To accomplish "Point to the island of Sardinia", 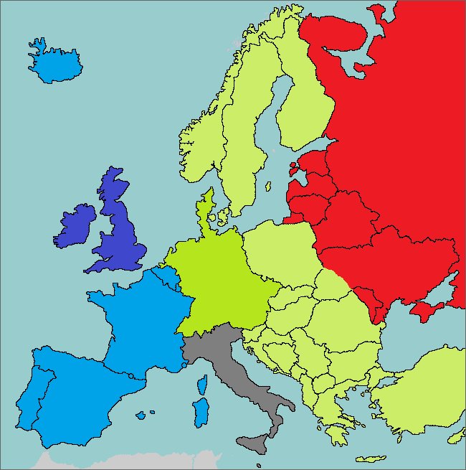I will (201, 413).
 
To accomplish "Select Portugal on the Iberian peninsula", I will (29, 395).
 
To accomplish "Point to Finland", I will (305, 108).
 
